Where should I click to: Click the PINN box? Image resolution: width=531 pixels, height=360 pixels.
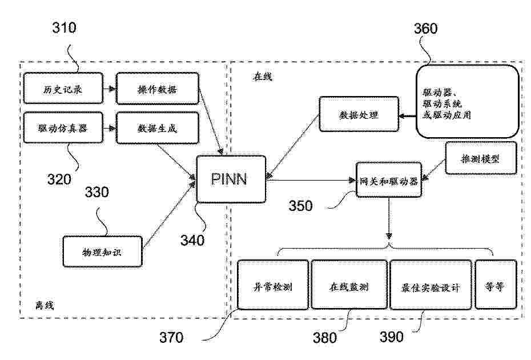click(x=230, y=179)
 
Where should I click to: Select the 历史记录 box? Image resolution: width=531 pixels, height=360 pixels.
click(x=63, y=89)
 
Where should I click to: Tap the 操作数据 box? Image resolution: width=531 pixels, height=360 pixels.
click(x=157, y=89)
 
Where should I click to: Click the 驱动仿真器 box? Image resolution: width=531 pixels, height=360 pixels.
click(x=63, y=127)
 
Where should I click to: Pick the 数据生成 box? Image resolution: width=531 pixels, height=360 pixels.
click(x=157, y=127)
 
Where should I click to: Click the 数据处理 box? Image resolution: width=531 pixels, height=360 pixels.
click(x=358, y=115)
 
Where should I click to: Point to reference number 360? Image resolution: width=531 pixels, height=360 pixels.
click(x=425, y=29)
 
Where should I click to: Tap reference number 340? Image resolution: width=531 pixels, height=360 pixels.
click(x=192, y=241)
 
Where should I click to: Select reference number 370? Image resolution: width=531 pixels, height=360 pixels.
click(x=171, y=338)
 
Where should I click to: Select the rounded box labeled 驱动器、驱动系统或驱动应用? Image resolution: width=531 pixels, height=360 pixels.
click(x=467, y=101)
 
